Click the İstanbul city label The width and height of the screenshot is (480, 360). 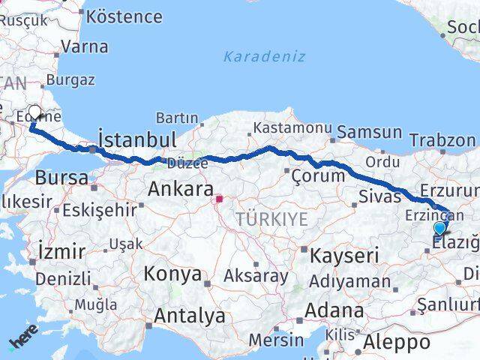pos(137,140)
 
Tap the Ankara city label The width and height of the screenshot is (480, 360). pos(181,189)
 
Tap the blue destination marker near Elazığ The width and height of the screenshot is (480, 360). pos(439,229)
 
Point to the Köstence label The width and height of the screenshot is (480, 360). pos(124,16)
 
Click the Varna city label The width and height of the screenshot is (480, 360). pos(84,46)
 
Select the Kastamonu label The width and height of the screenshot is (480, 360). pos(286,129)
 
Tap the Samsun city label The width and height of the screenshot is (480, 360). pos(369,133)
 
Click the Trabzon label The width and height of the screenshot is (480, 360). pos(442,140)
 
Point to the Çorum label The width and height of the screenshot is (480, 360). pos(319,176)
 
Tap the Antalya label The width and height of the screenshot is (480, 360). pos(190,316)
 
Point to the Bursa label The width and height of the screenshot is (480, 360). pos(61,178)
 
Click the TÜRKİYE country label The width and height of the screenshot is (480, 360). pos(271,219)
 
